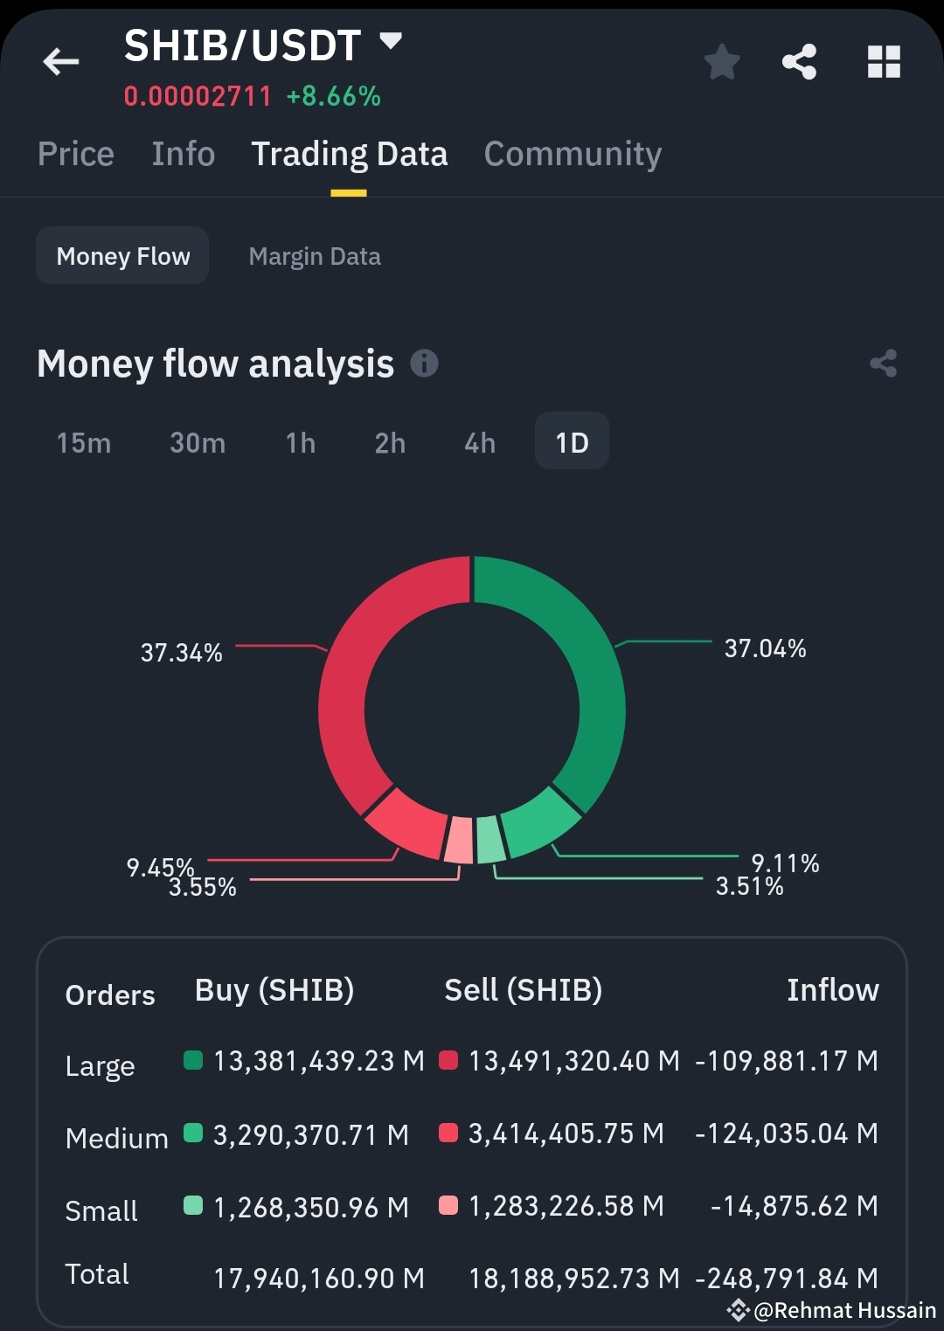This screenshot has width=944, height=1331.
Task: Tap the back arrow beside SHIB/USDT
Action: [x=60, y=61]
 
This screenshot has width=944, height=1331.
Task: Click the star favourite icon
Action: [x=722, y=62]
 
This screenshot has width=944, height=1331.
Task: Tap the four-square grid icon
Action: [x=884, y=62]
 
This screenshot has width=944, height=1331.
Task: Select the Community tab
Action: [x=573, y=154]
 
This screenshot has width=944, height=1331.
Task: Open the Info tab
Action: [x=183, y=154]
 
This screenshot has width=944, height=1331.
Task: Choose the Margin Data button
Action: [x=315, y=256]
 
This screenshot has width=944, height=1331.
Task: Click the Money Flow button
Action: [x=122, y=256]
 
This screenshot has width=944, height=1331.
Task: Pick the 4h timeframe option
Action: [x=479, y=443]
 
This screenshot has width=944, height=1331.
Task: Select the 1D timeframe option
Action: [x=572, y=442]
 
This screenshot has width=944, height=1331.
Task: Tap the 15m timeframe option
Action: [x=84, y=443]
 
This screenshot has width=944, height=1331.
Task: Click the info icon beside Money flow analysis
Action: [x=424, y=363]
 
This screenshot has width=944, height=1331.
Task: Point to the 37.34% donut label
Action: [x=182, y=653]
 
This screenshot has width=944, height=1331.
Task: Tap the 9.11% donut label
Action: [x=785, y=863]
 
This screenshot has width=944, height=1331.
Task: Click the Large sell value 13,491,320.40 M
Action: [x=573, y=1061]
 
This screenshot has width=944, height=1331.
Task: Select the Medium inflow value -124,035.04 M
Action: [x=786, y=1133]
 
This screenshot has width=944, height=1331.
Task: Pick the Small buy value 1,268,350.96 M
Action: [x=310, y=1207]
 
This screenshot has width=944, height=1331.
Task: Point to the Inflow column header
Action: [x=832, y=990]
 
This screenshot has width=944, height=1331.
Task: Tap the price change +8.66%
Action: [x=334, y=96]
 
